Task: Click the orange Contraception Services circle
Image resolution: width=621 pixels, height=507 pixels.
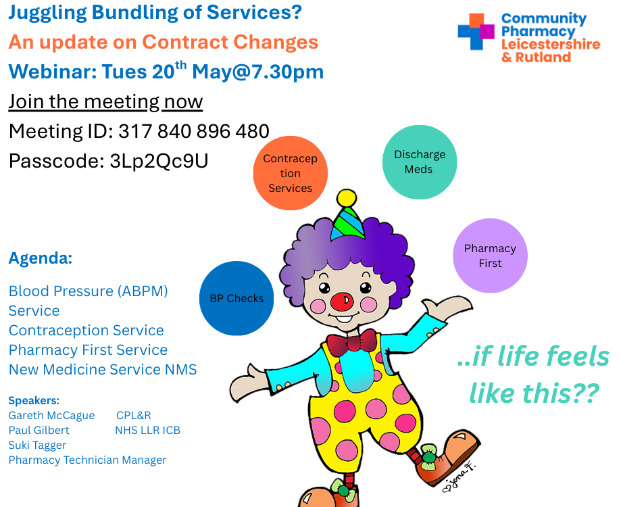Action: point(291,173)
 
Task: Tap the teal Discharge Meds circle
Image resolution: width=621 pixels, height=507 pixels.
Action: point(420,162)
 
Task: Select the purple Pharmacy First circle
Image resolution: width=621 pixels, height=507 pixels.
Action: point(491,256)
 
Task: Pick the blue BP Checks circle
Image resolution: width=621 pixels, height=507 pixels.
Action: point(237,298)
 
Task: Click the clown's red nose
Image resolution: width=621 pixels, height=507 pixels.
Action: point(342,301)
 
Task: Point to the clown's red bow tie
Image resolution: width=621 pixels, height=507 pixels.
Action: point(352,341)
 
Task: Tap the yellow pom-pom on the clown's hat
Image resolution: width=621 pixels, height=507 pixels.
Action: point(347,198)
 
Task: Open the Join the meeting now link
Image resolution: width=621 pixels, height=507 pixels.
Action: point(105,102)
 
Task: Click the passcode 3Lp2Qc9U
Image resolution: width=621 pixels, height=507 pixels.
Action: point(159,161)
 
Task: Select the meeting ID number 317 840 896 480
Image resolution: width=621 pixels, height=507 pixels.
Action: point(194,131)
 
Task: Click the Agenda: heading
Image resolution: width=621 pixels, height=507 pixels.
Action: point(41,258)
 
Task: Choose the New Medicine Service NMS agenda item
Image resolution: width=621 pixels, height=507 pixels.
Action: point(103,370)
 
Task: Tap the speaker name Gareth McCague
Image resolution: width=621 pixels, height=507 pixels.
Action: point(51,416)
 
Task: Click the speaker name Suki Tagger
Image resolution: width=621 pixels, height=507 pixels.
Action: point(38,445)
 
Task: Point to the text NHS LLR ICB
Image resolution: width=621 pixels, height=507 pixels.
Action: point(148,430)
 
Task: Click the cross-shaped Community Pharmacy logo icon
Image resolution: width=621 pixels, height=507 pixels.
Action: point(476,32)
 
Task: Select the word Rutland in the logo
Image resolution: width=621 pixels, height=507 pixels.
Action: point(543,57)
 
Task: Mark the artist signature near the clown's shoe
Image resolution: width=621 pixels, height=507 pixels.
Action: point(459,478)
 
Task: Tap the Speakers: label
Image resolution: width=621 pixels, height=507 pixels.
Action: point(34,400)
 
